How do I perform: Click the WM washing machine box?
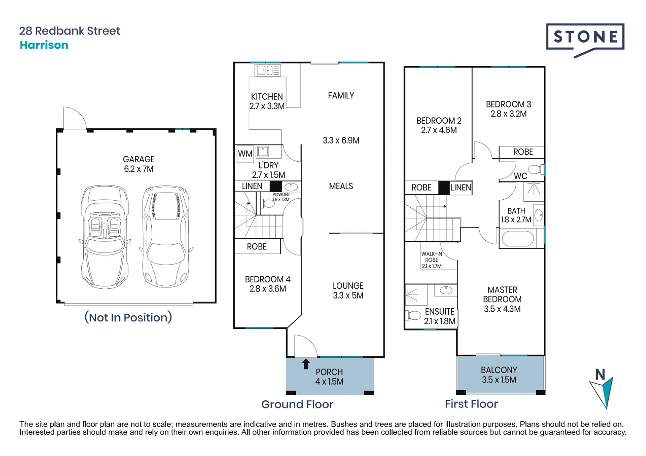[245, 154]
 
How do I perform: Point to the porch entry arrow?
[306, 364]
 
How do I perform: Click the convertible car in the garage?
[104, 237]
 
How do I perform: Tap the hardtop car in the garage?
[166, 236]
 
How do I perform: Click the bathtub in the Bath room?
[518, 239]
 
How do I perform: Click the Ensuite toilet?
[413, 315]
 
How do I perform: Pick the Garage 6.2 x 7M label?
[139, 164]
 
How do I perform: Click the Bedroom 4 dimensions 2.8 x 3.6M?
[267, 289]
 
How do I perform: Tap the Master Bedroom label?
[502, 294]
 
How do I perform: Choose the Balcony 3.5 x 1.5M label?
[499, 375]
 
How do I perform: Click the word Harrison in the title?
[44, 45]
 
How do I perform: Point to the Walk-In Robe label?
[431, 257]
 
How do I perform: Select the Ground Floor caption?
[297, 404]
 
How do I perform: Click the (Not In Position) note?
[128, 318]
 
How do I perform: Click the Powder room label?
[281, 195]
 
